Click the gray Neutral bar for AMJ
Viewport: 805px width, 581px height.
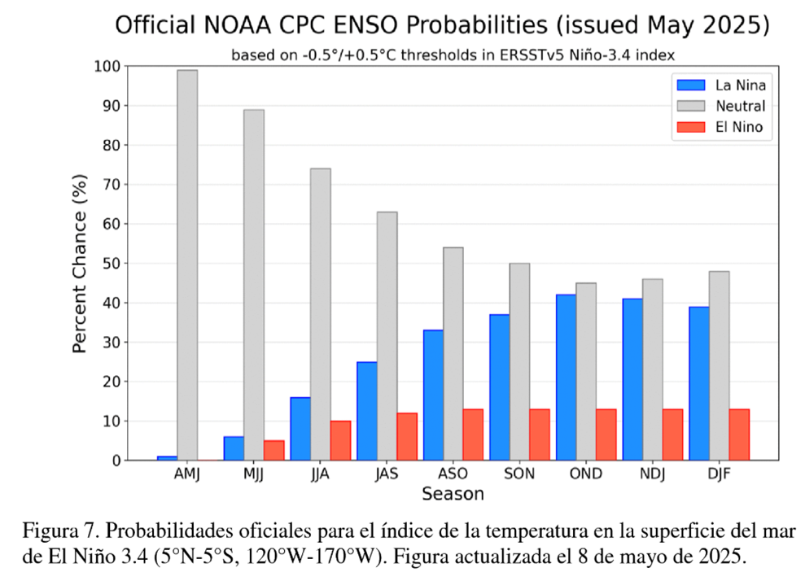[x=187, y=265]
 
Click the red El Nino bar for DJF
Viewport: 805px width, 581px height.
[x=739, y=435]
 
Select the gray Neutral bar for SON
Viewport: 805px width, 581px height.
[x=519, y=361]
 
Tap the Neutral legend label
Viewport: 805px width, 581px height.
[x=740, y=106]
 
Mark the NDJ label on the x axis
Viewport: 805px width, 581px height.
[x=653, y=474]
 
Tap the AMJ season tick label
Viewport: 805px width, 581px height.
[x=187, y=474]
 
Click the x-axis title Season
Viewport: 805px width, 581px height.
[x=453, y=494]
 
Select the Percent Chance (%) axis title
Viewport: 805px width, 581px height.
[x=80, y=264]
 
